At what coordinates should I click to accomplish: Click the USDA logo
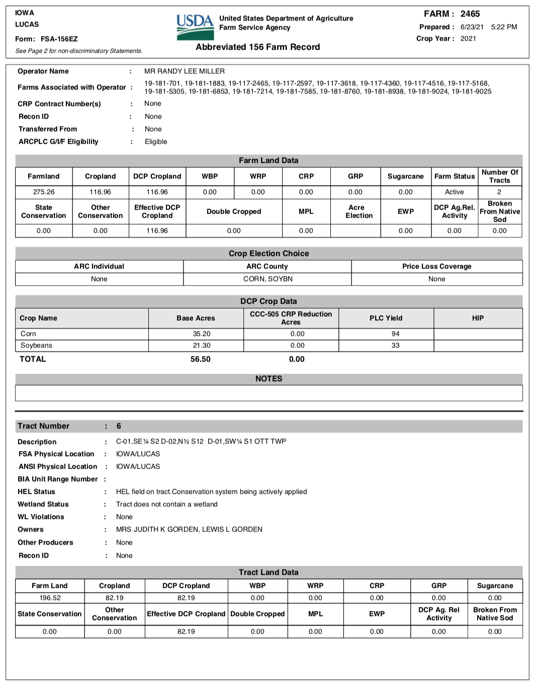[195, 27]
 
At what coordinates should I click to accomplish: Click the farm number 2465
[470, 14]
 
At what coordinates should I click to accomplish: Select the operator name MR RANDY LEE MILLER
[184, 71]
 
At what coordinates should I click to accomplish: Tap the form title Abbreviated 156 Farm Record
[257, 47]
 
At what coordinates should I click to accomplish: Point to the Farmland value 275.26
[44, 192]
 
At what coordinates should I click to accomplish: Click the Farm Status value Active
[454, 192]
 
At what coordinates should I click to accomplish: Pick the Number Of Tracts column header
[499, 176]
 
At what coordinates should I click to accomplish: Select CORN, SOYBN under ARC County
[267, 279]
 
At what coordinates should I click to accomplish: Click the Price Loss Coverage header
[436, 267]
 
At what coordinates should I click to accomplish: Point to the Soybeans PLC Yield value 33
[395, 346]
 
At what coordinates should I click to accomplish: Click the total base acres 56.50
[200, 359]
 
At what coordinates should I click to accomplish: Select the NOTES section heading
[269, 379]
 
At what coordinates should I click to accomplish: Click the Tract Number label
[44, 426]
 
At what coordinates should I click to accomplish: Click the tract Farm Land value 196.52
[50, 598]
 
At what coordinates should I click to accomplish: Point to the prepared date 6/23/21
[472, 27]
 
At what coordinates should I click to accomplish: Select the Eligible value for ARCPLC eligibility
[156, 142]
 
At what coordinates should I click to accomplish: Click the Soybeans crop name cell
[36, 346]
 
